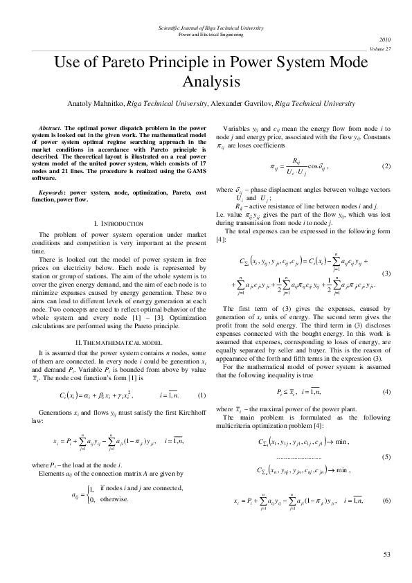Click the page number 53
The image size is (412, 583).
pos(386,554)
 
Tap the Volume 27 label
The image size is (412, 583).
pos(380,50)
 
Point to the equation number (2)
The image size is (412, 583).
pos(386,168)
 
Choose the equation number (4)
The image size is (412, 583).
pos(386,392)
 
